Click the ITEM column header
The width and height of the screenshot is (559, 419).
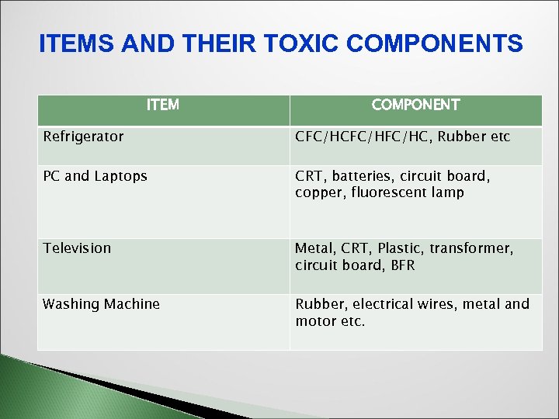(x=162, y=105)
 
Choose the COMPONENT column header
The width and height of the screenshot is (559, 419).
(x=415, y=105)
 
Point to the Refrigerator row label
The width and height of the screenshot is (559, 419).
(x=83, y=137)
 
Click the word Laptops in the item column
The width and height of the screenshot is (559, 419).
(x=120, y=176)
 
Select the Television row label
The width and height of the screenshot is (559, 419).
(x=77, y=248)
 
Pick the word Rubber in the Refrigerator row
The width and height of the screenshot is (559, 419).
(x=459, y=137)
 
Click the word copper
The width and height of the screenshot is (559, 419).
(x=316, y=192)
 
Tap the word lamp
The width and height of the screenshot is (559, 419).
(x=449, y=192)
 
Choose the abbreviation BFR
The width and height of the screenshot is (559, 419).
(x=402, y=265)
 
